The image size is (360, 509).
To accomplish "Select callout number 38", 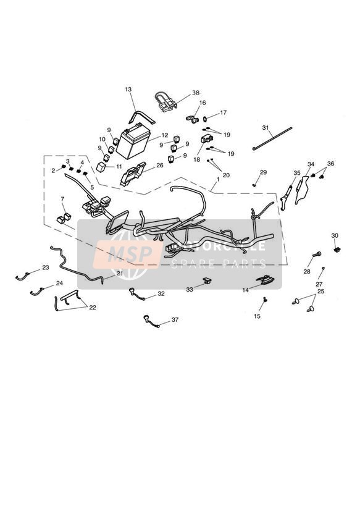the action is (x=195, y=93).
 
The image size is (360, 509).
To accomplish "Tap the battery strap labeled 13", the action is (x=141, y=117).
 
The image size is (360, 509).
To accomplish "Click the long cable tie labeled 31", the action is (x=272, y=138).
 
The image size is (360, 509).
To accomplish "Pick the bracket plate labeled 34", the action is (x=301, y=190).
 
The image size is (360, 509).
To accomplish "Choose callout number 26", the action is (x=160, y=165).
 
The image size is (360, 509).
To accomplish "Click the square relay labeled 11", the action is (x=101, y=167).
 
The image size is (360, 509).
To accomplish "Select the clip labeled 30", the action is (x=337, y=250).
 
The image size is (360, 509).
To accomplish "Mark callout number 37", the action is (x=175, y=320).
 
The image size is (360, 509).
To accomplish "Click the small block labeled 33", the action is (x=207, y=280).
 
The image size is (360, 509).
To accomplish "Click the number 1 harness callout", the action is (x=218, y=179).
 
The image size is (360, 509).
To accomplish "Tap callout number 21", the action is (x=120, y=274).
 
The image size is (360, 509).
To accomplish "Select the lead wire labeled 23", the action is (x=22, y=276).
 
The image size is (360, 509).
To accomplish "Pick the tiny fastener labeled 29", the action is (x=254, y=185).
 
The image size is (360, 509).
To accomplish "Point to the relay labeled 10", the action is (x=111, y=149).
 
